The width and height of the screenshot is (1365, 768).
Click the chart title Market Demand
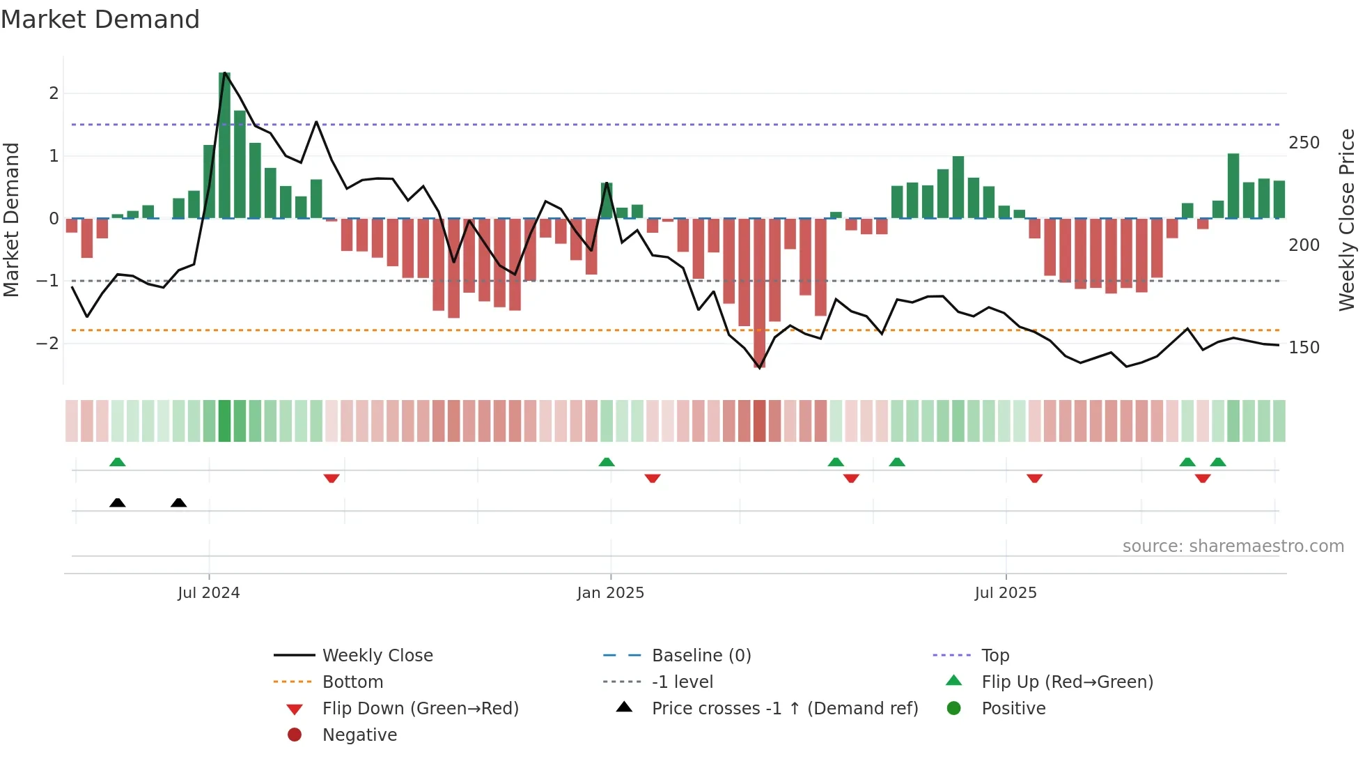[x=100, y=20]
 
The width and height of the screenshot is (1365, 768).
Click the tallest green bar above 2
[x=224, y=145]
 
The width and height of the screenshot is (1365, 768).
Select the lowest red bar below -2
[x=759, y=293]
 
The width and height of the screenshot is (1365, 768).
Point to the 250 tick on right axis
[x=1304, y=143]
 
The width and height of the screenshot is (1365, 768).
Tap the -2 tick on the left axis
[x=47, y=344]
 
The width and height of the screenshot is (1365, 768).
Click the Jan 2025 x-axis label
[x=610, y=593]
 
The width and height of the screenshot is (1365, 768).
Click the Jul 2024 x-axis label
[x=208, y=593]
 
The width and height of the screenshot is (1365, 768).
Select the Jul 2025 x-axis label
[x=1005, y=593]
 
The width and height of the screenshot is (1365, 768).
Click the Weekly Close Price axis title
[x=1347, y=220]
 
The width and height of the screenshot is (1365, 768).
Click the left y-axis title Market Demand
[x=12, y=220]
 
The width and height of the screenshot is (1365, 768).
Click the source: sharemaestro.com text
[x=1233, y=546]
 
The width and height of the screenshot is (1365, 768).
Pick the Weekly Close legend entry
[x=377, y=656]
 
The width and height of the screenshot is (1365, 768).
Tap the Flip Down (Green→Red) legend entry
[x=420, y=709]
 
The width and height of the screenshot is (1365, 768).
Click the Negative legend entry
[x=359, y=735]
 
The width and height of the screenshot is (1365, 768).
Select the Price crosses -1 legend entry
[x=784, y=709]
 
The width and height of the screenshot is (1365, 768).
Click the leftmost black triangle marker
[x=118, y=502]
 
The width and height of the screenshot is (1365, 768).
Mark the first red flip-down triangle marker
[x=331, y=478]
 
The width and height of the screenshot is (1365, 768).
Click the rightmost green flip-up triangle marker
[x=1218, y=462]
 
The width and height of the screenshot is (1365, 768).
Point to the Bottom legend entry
[x=352, y=682]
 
